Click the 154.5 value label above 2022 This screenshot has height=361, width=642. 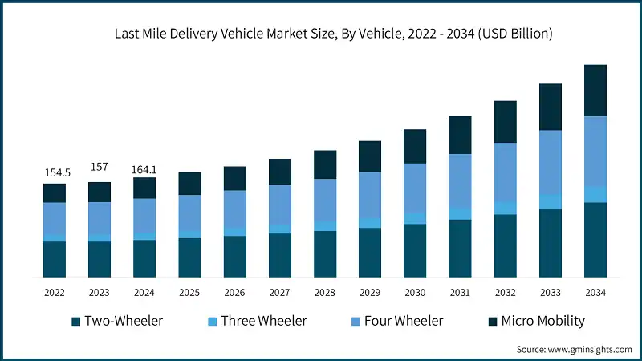tap(54, 172)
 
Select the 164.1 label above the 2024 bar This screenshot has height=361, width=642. tap(144, 168)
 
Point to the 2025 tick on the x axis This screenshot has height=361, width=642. tap(189, 293)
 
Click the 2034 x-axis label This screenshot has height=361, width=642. tap(595, 293)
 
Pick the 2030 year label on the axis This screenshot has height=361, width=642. tap(415, 293)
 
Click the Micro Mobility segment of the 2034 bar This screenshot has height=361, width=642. tap(595, 91)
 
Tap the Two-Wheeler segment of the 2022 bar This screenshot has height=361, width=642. tap(54, 259)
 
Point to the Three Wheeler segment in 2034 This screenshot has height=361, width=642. tap(595, 194)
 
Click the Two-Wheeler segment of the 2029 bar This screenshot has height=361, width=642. tap(370, 253)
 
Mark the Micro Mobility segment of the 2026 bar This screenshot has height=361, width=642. tap(234, 178)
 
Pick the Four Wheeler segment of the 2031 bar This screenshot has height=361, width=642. tap(460, 181)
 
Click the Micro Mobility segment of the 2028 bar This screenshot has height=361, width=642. tap(325, 164)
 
